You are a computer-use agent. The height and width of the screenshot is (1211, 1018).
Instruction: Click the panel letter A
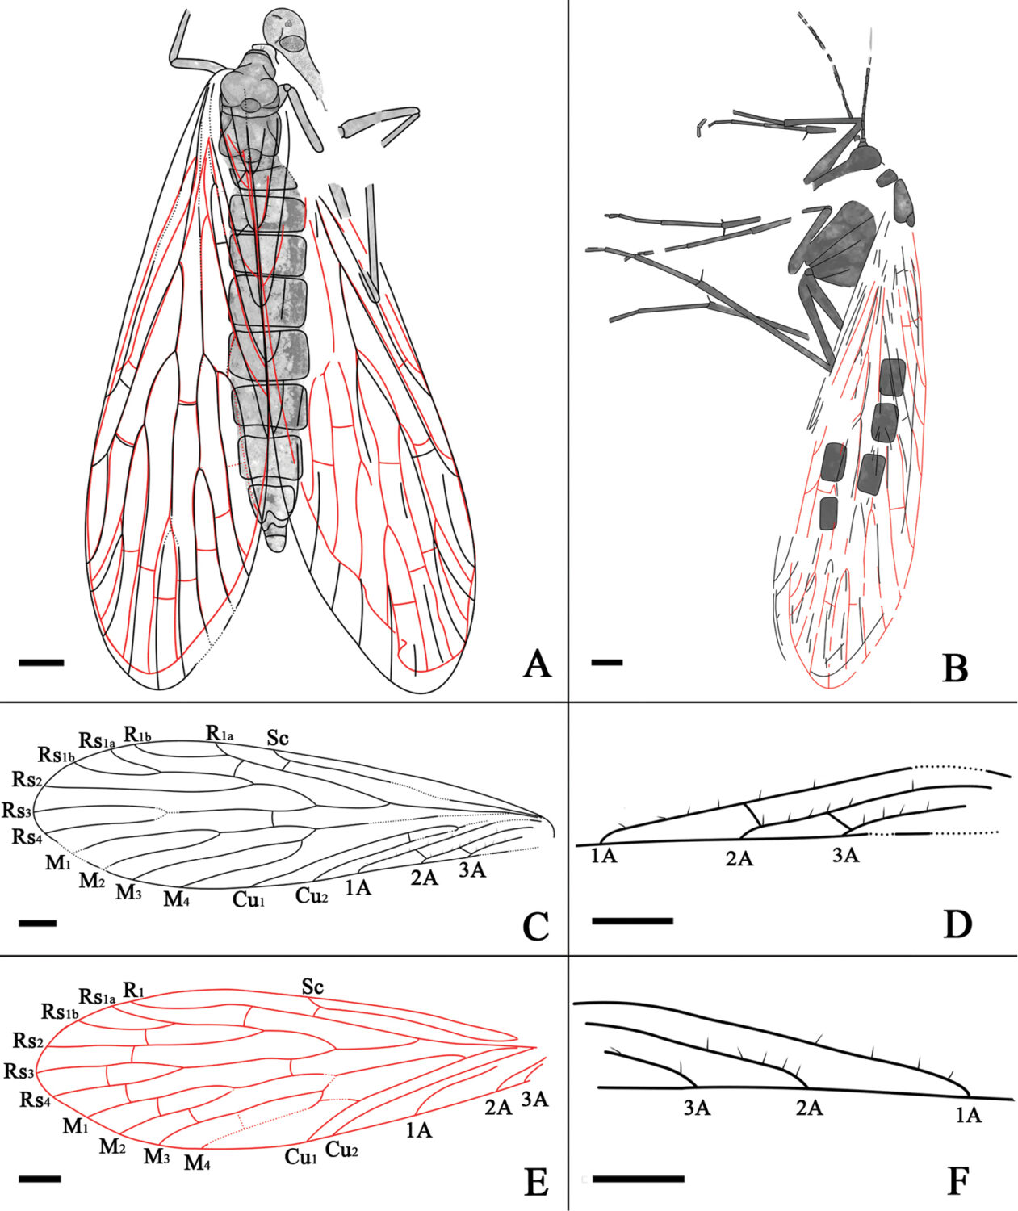tap(537, 664)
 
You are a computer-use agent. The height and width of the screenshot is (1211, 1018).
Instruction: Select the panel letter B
tap(955, 665)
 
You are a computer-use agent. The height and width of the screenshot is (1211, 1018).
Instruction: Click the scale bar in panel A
tap(41, 662)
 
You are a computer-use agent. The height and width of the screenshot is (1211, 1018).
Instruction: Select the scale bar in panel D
tap(632, 920)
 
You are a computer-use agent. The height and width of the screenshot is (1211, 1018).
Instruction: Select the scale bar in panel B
tap(607, 662)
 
